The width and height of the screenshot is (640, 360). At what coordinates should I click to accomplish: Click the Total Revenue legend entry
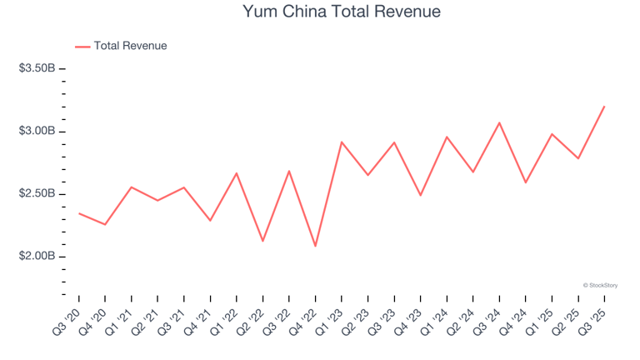[x=130, y=46]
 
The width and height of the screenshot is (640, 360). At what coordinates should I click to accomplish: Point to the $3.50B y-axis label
[x=37, y=68]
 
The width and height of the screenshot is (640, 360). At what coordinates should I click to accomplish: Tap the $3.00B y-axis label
[x=37, y=131]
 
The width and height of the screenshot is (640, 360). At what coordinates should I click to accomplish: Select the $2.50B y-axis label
[x=37, y=193]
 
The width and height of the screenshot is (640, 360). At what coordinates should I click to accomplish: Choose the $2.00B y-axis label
[x=37, y=256]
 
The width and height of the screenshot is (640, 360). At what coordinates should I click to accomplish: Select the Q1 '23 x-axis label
[x=330, y=320]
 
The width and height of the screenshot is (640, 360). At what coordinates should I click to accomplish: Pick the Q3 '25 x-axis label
[x=592, y=320]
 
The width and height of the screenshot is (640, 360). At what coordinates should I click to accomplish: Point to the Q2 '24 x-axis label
[x=461, y=320]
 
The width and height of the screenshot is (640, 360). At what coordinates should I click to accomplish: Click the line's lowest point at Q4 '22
[x=316, y=246]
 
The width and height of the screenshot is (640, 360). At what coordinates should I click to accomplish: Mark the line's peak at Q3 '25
[x=604, y=106]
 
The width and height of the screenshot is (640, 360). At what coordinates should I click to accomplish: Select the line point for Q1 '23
[x=342, y=142]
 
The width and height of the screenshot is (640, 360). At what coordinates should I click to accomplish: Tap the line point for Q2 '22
[x=263, y=241]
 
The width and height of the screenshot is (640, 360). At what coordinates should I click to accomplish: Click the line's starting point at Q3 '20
[x=79, y=213]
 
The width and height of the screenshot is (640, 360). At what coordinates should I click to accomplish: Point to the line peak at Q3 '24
[x=499, y=122]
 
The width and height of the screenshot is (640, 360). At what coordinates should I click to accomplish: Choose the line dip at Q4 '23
[x=421, y=195]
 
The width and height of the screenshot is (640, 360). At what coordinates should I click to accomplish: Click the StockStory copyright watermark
[x=600, y=285]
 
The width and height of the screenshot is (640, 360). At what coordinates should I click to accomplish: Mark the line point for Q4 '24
[x=526, y=182]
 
